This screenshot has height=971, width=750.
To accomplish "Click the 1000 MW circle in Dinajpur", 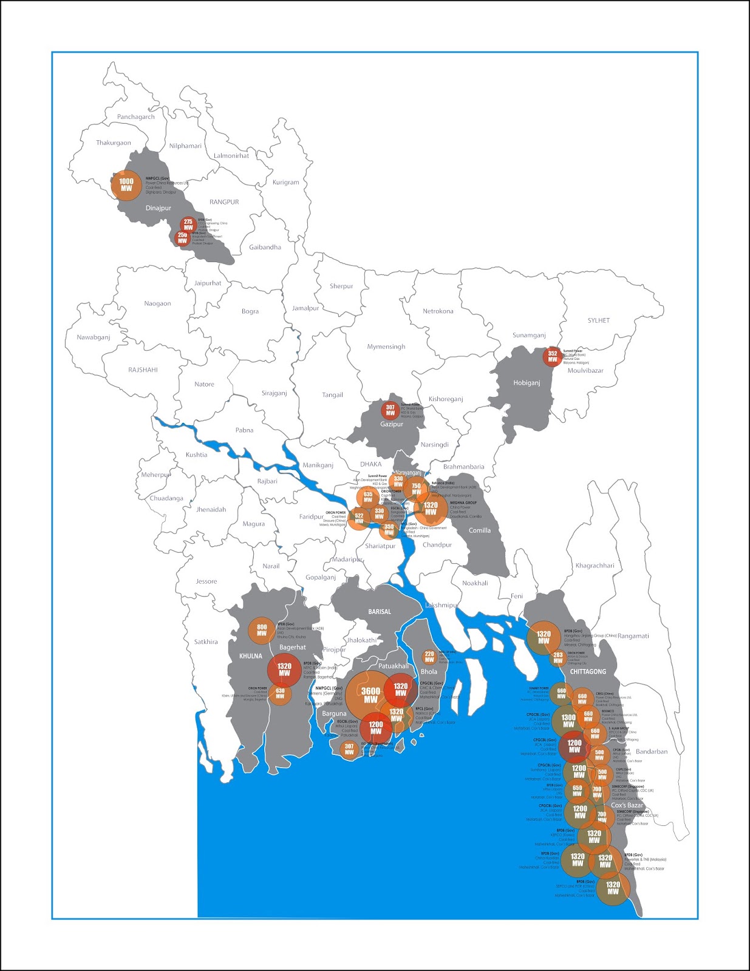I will pyautogui.click(x=126, y=185).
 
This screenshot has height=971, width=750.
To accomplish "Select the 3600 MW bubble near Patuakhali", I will pyautogui.click(x=370, y=695).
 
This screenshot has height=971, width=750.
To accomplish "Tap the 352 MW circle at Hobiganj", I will pyautogui.click(x=553, y=356).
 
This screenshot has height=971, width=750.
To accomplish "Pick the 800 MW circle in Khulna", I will pyautogui.click(x=262, y=631).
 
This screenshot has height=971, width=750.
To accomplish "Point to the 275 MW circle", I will pyautogui.click(x=188, y=225).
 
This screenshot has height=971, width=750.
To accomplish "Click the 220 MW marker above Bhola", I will pyautogui.click(x=429, y=657).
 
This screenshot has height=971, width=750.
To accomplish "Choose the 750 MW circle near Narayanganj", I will pyautogui.click(x=417, y=489).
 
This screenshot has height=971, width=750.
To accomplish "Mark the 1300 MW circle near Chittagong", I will pyautogui.click(x=568, y=721).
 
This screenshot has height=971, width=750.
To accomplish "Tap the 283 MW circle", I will pyautogui.click(x=558, y=658).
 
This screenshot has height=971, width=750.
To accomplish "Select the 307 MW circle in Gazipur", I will pyautogui.click(x=390, y=410).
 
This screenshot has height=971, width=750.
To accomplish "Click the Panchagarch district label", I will pyautogui.click(x=136, y=117).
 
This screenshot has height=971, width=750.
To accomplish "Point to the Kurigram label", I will pyautogui.click(x=286, y=182).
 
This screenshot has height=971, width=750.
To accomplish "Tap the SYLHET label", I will pyautogui.click(x=598, y=320).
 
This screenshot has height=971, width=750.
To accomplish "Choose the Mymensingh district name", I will pyautogui.click(x=386, y=347).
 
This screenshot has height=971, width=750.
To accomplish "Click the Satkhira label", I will pyautogui.click(x=206, y=641).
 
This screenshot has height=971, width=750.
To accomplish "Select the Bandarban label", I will pyautogui.click(x=652, y=751).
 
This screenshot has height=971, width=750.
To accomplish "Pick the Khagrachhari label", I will pyautogui.click(x=595, y=565).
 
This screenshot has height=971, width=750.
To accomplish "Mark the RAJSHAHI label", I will pyautogui.click(x=143, y=370).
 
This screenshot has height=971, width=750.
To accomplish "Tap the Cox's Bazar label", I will pyautogui.click(x=627, y=805).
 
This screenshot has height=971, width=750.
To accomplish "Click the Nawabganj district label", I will pyautogui.click(x=94, y=337).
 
